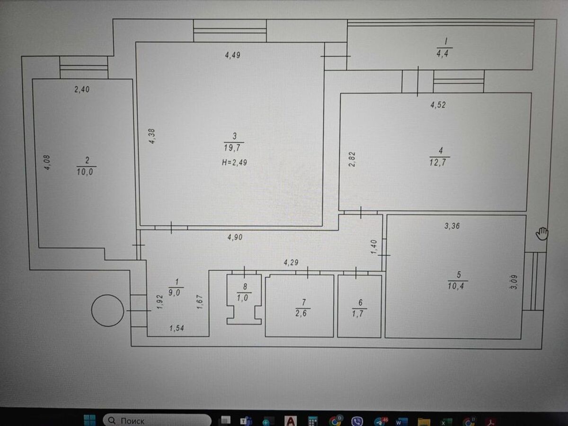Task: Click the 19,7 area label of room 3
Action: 232,148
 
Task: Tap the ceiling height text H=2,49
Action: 234,162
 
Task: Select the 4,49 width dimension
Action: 232,55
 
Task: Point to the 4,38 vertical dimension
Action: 152,136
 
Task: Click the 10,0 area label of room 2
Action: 85,171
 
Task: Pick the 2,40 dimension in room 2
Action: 82,89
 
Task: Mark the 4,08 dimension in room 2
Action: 47,162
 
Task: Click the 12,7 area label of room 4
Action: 438,162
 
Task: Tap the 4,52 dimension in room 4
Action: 438,105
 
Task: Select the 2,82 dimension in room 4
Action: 352,160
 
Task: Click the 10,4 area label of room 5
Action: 456,286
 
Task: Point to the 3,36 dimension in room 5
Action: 452,226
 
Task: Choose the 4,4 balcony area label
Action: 443,54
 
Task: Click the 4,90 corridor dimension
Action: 235,237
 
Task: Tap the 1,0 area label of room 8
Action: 242,298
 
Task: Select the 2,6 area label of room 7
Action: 301,313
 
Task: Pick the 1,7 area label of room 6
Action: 358,314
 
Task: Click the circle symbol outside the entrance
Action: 107,311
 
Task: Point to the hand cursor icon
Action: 542,233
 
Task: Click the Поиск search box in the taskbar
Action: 157,420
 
